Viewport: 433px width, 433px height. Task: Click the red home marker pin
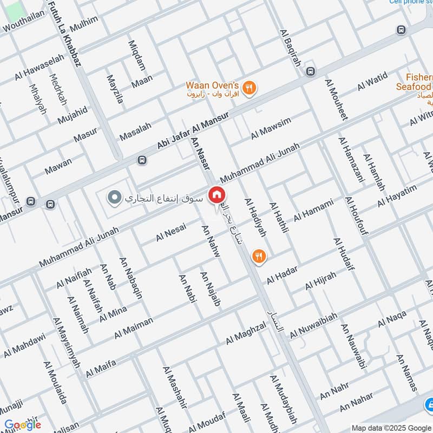click(x=217, y=195)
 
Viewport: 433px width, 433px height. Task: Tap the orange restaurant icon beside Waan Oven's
click(x=250, y=88)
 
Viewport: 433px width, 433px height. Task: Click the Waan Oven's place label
click(x=212, y=86)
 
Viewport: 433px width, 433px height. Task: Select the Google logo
click(x=23, y=425)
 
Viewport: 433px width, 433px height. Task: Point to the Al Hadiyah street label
click(x=256, y=218)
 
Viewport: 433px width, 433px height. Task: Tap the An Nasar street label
click(x=200, y=154)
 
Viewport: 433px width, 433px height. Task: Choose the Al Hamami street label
click(x=313, y=211)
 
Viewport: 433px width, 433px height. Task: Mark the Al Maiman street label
click(x=133, y=329)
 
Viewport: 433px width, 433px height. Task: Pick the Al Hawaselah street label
click(x=40, y=68)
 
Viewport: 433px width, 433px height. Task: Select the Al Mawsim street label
click(x=271, y=128)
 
